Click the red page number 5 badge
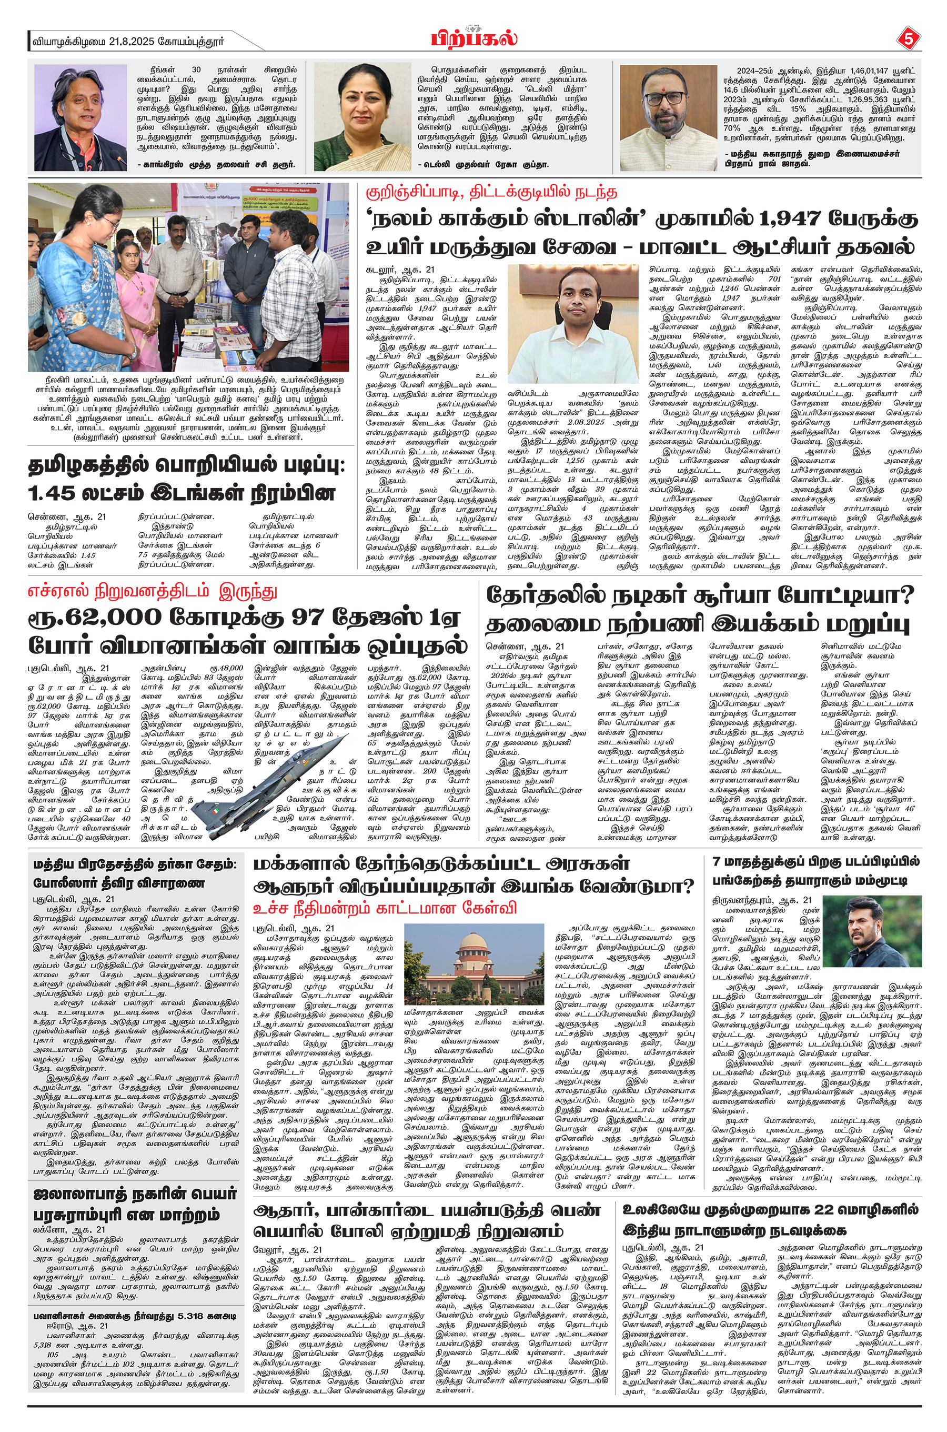click(x=908, y=40)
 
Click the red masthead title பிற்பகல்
click(x=474, y=38)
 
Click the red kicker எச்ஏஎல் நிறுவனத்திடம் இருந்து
click(x=153, y=590)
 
